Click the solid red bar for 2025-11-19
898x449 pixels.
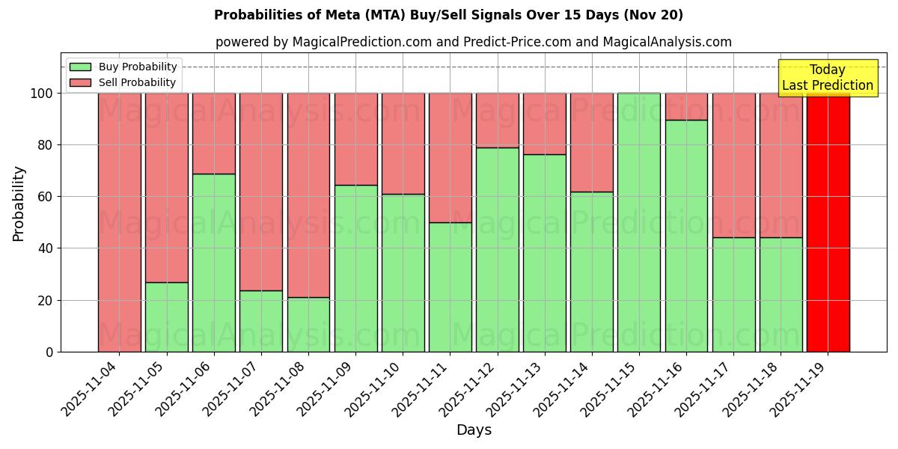[828, 222]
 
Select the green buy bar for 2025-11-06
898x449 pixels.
[214, 263]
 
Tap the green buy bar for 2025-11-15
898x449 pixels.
[639, 222]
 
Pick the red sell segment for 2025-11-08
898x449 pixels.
[308, 195]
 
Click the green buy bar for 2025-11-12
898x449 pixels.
[497, 249]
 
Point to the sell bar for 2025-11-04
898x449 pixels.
[120, 222]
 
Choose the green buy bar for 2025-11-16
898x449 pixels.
[686, 236]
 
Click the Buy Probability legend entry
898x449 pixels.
[123, 67]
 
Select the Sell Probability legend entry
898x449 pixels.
[123, 82]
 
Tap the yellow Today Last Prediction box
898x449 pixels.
[828, 78]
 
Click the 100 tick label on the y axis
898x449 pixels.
[42, 94]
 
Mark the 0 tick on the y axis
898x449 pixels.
[50, 352]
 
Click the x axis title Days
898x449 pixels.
[474, 430]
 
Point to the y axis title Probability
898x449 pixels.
[19, 203]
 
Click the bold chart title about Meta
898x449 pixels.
[448, 15]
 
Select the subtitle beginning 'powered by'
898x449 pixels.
[473, 42]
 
